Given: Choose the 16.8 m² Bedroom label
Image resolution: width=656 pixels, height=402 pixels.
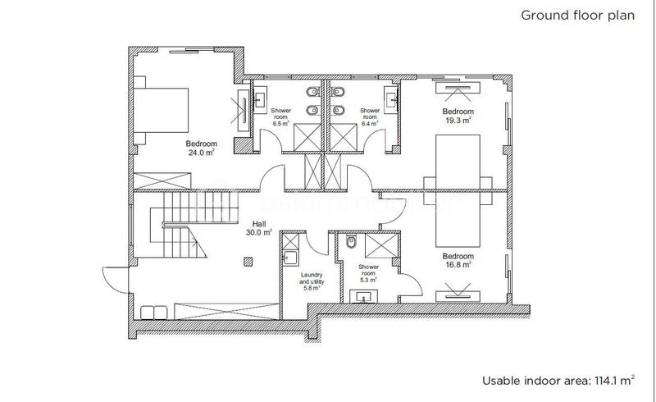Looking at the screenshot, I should coord(457,259).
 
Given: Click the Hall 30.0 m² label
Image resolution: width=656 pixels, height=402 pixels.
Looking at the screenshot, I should coord(258,227).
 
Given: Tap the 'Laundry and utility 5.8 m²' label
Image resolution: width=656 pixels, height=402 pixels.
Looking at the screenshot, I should coord(311,281).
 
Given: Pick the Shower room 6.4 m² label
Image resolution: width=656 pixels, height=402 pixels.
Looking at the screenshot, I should coord(370,113).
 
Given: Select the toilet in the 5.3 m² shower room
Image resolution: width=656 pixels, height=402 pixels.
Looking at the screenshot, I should coord(350,243).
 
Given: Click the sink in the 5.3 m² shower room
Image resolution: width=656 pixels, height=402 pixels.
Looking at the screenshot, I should coord(362,296).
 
